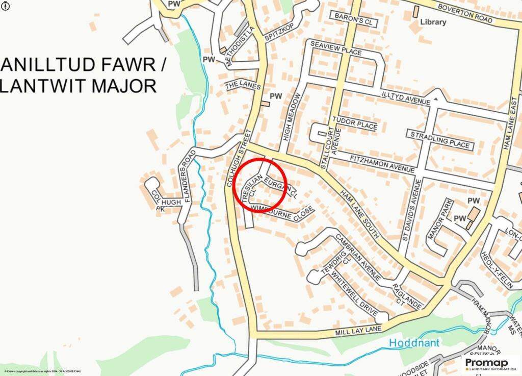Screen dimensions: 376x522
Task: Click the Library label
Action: pyautogui.click(x=433, y=22)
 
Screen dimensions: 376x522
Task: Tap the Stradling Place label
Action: pyautogui.click(x=438, y=139)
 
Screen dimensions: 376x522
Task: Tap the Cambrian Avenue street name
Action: pyautogui.click(x=358, y=257)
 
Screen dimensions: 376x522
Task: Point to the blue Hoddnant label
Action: pyautogui.click(x=414, y=343)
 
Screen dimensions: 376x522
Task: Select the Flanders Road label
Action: pyautogui.click(x=187, y=176)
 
